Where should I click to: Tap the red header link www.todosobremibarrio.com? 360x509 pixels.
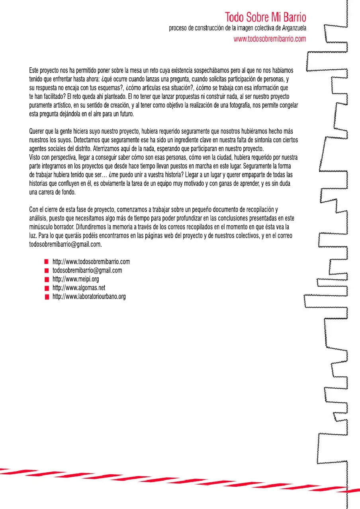[x=270, y=39]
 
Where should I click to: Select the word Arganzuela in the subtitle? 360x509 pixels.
[x=290, y=29]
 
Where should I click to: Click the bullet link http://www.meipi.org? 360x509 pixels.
[x=76, y=279]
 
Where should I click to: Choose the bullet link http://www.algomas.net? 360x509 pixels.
[x=79, y=288]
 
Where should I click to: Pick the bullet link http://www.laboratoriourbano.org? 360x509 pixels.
[x=89, y=297]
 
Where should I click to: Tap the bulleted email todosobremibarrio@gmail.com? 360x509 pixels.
[x=87, y=270]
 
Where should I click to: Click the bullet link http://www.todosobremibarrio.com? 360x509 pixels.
[x=91, y=262]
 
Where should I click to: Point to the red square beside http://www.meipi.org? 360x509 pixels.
[x=47, y=279]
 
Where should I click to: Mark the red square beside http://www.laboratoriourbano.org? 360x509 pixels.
[x=47, y=297]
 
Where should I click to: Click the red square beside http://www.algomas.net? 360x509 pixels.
[x=47, y=288]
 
